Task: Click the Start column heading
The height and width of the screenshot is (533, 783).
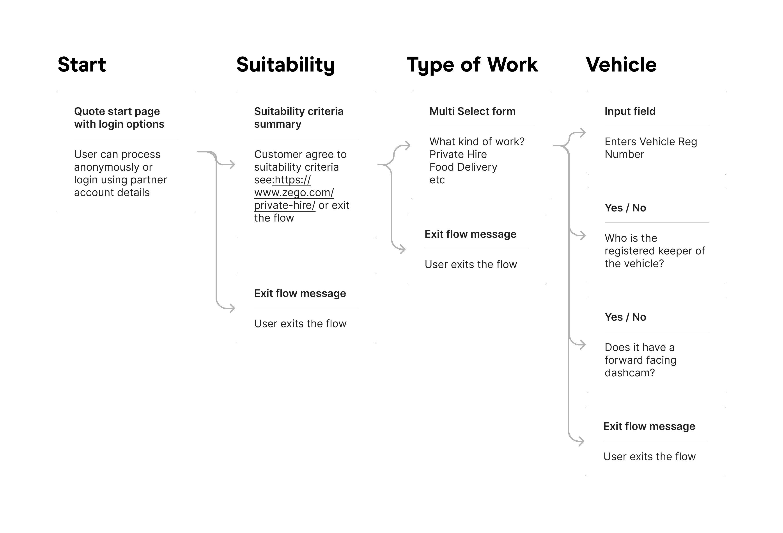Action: tap(82, 64)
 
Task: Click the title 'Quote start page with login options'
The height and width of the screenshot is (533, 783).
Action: tap(119, 118)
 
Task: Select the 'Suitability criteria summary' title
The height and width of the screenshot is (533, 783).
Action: tap(299, 118)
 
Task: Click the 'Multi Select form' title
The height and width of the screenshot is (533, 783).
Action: tap(472, 111)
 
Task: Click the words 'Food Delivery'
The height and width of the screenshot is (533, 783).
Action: tap(463, 167)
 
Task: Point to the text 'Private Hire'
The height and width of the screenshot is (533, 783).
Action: tap(458, 154)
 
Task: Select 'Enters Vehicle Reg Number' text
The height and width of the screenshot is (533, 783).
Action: tap(651, 148)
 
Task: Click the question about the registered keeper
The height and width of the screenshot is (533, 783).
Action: tap(655, 251)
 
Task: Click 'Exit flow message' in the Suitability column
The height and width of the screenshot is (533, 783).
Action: tap(300, 293)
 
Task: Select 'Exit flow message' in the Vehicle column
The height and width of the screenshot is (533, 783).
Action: tap(649, 426)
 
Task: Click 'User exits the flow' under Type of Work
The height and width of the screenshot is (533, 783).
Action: tap(471, 265)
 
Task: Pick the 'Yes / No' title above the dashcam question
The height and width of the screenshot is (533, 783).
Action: tap(625, 317)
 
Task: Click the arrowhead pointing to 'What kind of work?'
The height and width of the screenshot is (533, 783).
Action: tap(407, 146)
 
